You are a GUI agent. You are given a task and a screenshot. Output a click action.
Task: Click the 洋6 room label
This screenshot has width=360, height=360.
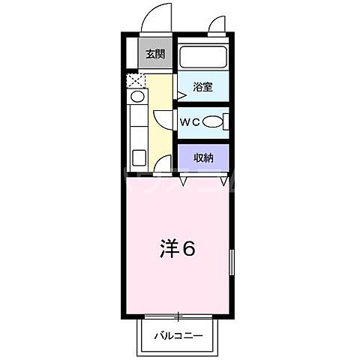pos(178,249)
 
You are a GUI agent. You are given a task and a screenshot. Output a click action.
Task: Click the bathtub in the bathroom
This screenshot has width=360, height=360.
pos(202,56)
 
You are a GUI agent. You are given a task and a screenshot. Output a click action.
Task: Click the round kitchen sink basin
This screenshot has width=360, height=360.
pos(137,97)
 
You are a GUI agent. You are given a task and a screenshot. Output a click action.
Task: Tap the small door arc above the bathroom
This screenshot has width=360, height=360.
pos(216,27)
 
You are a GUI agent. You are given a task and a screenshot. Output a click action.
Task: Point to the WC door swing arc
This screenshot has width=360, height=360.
pos(165,120)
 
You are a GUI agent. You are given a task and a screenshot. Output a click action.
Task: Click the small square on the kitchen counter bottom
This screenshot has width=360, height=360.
pos(139,157)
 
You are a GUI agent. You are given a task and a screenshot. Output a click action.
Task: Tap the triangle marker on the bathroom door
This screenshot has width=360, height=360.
pos(181,95)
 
